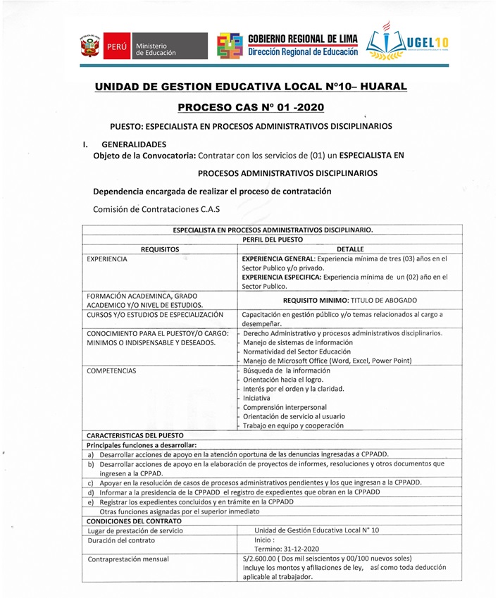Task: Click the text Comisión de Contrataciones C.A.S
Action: (156, 208)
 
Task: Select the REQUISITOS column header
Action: (160, 249)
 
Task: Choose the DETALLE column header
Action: (350, 249)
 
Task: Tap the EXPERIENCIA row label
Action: (107, 259)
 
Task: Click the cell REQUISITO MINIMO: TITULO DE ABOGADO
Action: (350, 299)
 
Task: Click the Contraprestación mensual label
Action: (128, 559)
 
